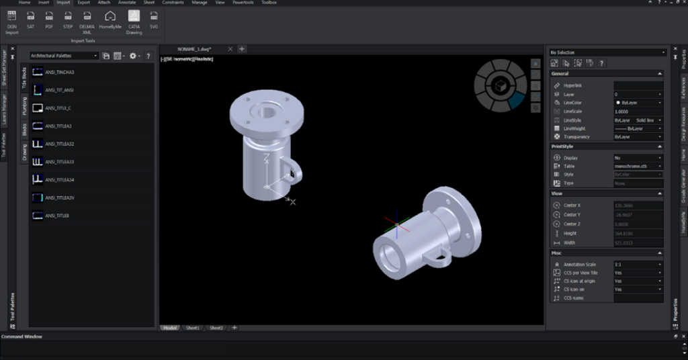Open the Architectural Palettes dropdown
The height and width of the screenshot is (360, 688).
64,56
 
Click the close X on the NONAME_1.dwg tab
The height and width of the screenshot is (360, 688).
230,49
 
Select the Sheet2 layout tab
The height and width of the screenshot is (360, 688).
216,328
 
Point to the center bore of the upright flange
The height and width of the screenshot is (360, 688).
259,110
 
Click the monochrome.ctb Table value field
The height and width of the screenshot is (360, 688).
637,166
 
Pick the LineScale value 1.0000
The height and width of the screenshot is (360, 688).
637,111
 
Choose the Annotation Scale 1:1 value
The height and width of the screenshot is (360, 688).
637,265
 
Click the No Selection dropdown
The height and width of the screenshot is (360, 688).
607,52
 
